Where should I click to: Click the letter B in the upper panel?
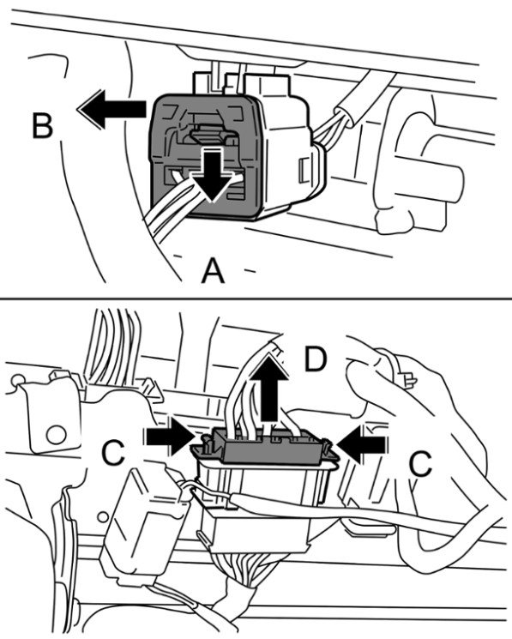point(42,126)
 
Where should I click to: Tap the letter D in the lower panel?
point(316,359)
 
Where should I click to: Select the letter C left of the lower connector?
point(112,453)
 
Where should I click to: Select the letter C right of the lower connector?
point(420,464)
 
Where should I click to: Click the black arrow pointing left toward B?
point(111,109)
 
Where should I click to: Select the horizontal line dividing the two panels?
point(256,299)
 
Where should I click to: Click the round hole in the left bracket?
point(57,435)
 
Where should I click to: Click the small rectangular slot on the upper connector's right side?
point(303,171)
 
